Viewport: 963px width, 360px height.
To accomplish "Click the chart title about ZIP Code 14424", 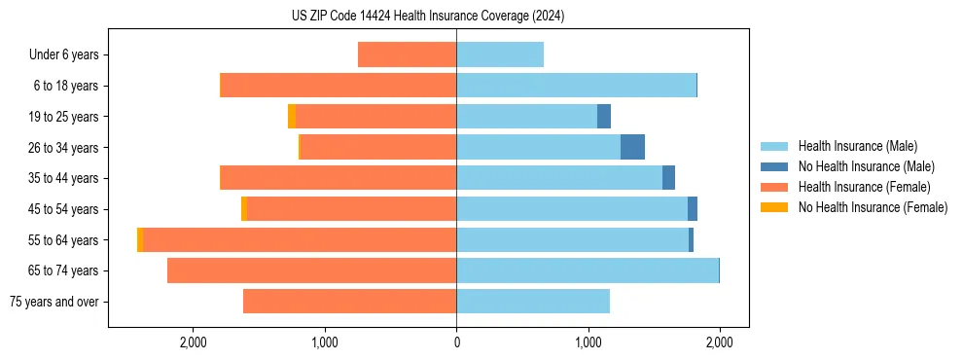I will coord(428,17).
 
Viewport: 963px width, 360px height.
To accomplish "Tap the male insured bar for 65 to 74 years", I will coord(587,270).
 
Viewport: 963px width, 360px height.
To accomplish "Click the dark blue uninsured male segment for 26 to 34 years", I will coord(632,147).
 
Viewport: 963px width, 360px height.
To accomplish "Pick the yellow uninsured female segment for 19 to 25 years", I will coord(292,116).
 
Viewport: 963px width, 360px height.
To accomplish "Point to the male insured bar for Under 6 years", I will coord(500,54).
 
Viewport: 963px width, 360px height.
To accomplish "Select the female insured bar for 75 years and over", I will coord(349,302).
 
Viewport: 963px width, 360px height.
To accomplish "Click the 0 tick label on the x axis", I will coord(456,342).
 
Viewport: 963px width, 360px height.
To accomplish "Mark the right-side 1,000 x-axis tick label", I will coord(588,342).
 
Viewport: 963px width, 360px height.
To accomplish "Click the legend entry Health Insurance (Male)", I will coord(857,146).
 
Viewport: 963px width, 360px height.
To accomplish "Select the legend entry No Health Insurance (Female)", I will coord(873,207).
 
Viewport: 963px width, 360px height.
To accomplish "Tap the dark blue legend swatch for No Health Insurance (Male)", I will coord(774,166).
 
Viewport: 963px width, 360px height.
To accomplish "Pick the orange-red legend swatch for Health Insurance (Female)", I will coord(774,187).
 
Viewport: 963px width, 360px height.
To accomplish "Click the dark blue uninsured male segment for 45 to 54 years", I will coord(693,208).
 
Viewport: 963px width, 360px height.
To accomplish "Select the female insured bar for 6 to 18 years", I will coord(338,86).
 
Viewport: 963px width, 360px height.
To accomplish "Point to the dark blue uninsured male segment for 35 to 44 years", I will coord(668,178).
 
